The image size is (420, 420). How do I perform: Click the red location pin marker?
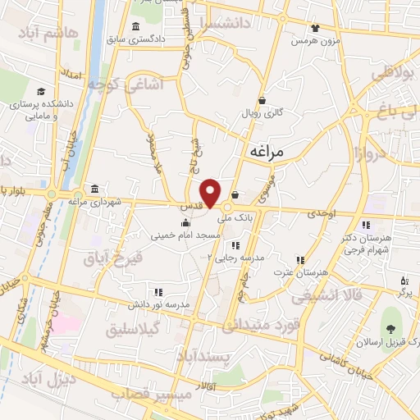pos(211,193)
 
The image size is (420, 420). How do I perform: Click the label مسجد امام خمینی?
pos(185,235)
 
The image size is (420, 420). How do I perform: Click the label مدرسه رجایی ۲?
pos(236,257)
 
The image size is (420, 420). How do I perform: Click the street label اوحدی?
pos(323,212)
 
